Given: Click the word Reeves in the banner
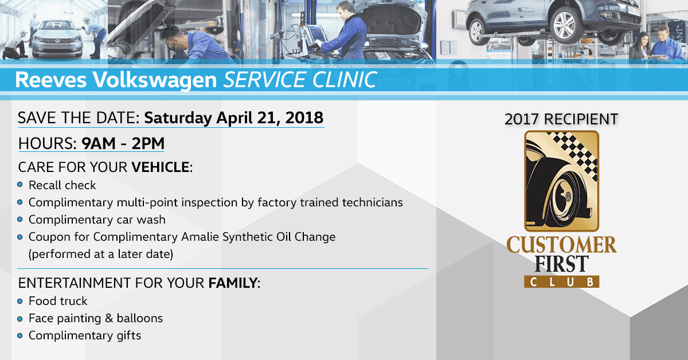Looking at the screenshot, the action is click(51, 80).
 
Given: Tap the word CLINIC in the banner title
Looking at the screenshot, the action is click(345, 80).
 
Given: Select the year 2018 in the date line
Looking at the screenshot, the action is click(304, 118).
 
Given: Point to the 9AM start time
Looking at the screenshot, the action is click(99, 143).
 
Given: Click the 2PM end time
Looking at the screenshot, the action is click(148, 143).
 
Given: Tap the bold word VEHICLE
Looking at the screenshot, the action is click(161, 167).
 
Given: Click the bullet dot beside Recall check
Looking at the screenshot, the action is click(20, 185).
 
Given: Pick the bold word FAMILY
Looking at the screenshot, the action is click(233, 283).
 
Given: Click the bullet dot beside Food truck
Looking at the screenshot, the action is click(20, 301).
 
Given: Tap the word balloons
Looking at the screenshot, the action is click(140, 318).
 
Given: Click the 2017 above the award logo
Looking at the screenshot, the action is click(522, 119).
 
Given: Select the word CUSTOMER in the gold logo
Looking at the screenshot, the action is click(561, 245).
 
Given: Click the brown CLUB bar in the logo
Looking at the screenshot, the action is click(561, 281).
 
